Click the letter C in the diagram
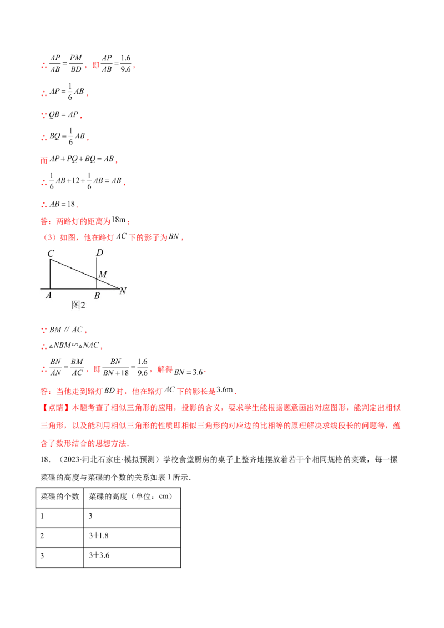(51, 254)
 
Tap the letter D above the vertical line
(99, 254)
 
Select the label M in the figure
(102, 274)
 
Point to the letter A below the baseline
(49, 296)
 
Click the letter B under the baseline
(97, 296)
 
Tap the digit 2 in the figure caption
(83, 305)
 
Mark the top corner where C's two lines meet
(51, 260)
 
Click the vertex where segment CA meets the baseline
(51, 288)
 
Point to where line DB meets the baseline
(97, 288)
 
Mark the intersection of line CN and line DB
(97, 279)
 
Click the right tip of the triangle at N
(119, 288)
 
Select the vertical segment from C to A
(51, 274)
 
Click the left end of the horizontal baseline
(41, 288)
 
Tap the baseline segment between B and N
(108, 288)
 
